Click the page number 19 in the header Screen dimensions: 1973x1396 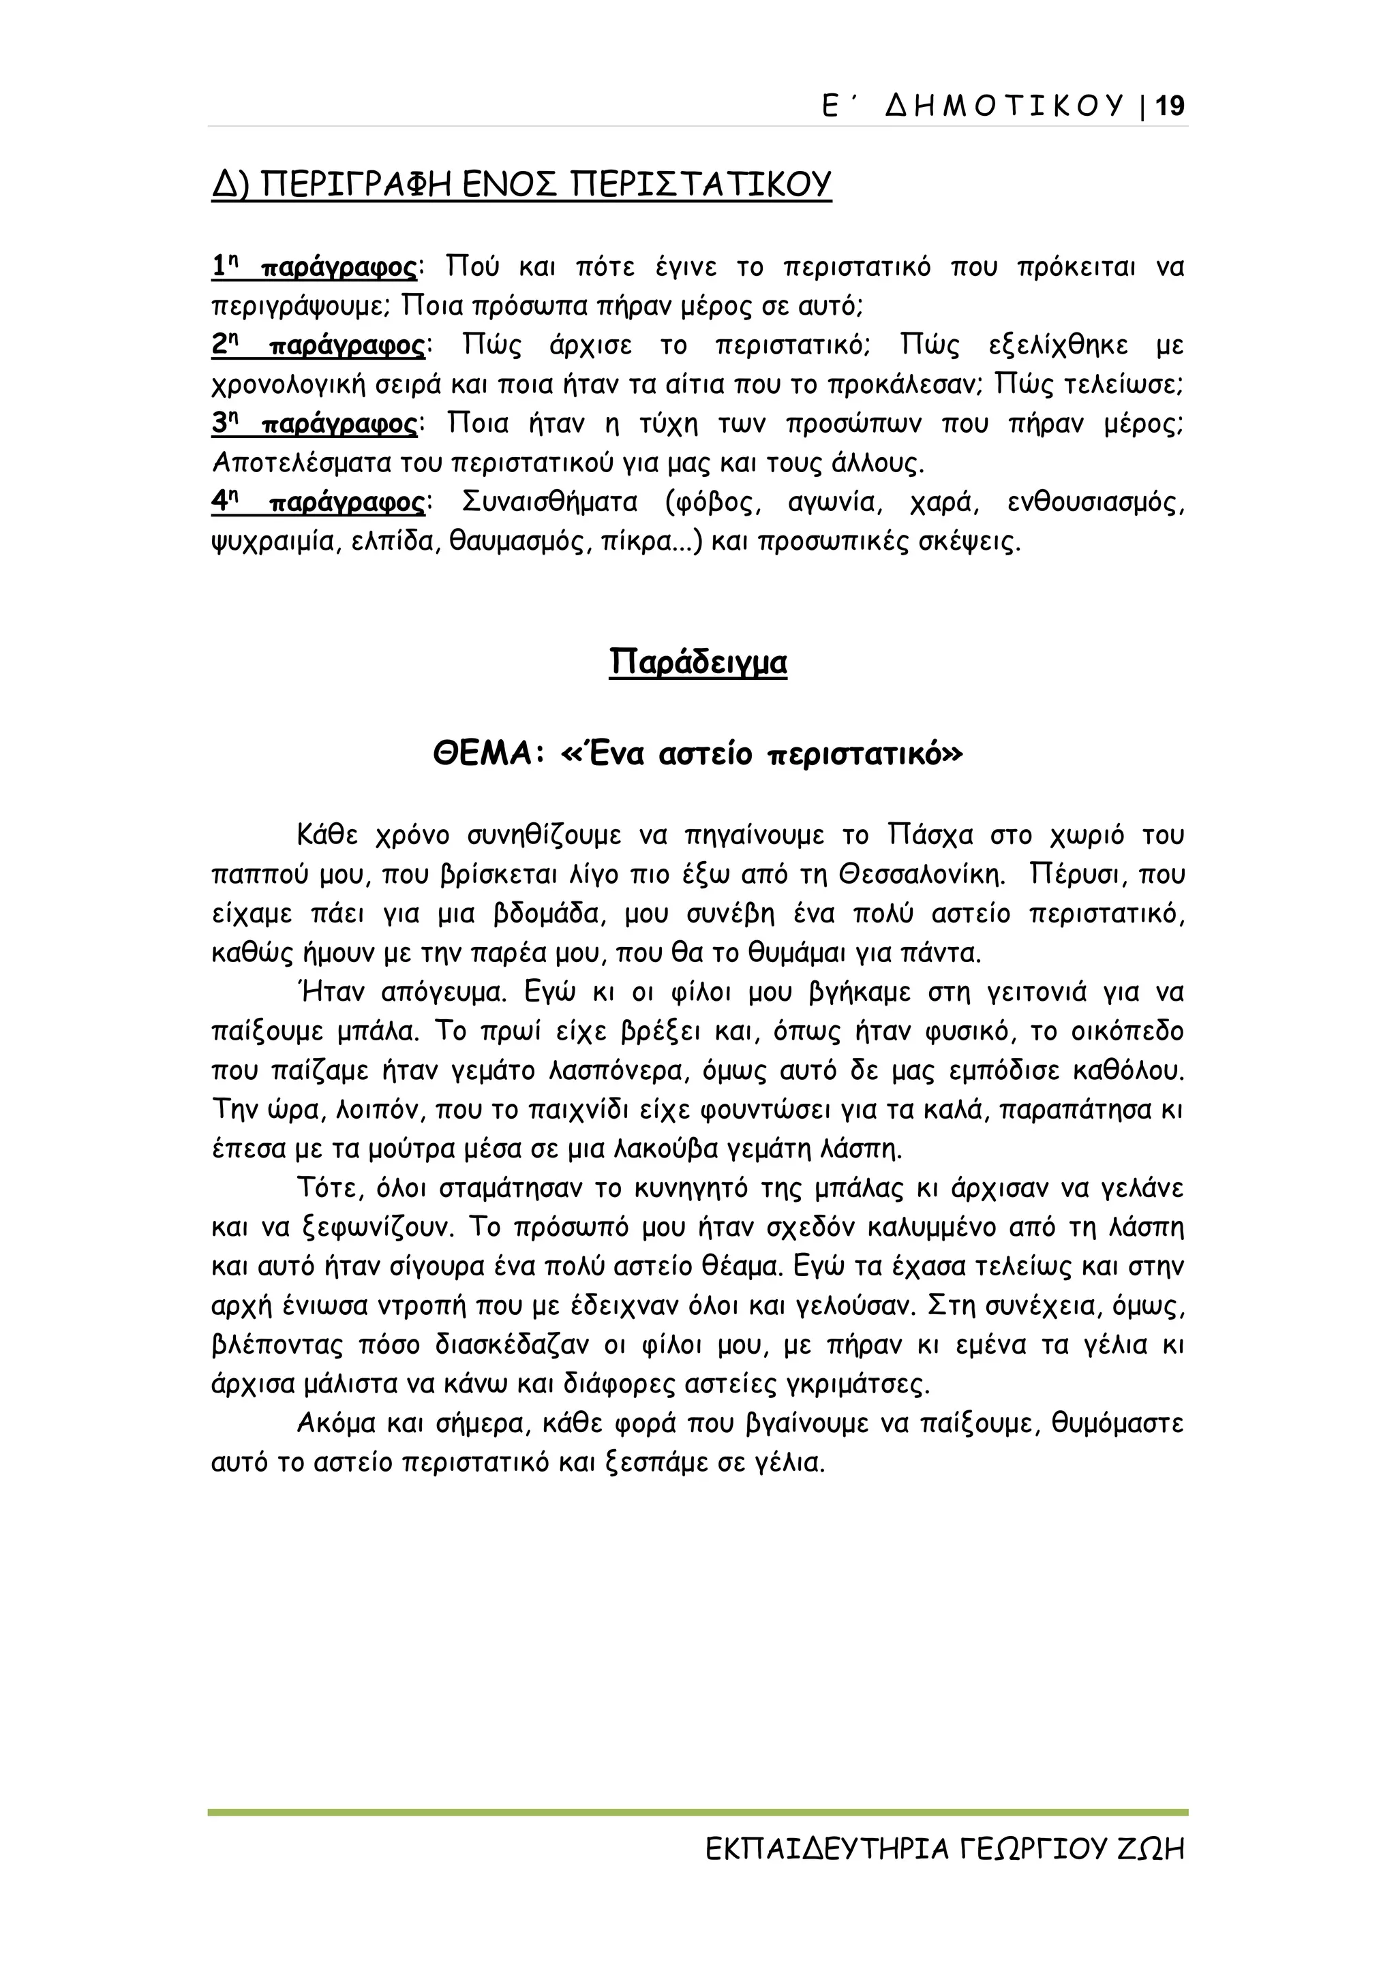tap(1170, 106)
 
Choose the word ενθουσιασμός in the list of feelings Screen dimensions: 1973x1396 tap(1096, 503)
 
